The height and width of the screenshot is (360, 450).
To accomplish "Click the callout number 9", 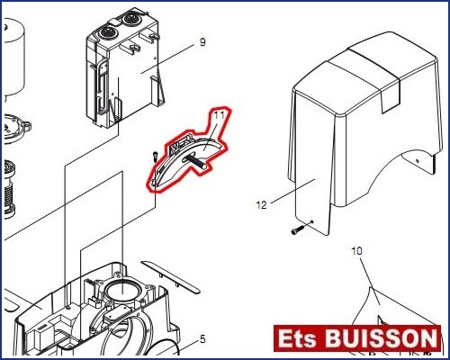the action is (x=202, y=42).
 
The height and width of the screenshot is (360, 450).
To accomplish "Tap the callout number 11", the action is (x=219, y=115).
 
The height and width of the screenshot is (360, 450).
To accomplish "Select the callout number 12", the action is (x=261, y=205).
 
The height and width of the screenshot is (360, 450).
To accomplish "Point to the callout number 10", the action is (x=356, y=251).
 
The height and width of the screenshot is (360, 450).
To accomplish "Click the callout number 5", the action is (x=202, y=339).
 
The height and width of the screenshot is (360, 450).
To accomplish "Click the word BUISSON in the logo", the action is (x=381, y=338).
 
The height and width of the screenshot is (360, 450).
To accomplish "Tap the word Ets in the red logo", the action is (x=297, y=338).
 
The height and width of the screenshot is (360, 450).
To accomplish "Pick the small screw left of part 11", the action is (x=155, y=157).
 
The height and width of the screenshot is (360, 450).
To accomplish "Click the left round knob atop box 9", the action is (x=107, y=32).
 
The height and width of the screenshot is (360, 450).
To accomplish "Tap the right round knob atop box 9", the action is (x=131, y=19).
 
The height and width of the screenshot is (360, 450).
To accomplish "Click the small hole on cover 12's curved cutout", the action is (x=417, y=161).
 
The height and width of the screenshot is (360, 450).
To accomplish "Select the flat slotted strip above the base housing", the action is (x=170, y=277).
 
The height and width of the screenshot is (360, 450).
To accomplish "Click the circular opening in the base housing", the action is (x=123, y=292).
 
